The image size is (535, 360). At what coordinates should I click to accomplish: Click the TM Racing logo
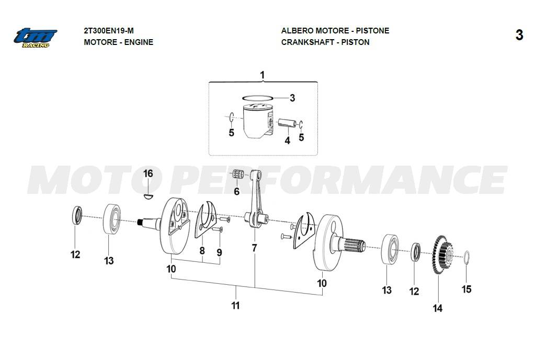click(x=36, y=38)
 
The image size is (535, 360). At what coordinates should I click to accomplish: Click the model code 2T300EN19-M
click(x=109, y=31)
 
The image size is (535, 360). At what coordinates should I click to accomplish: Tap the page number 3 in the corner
click(x=519, y=35)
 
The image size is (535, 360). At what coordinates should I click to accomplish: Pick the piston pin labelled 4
click(x=287, y=123)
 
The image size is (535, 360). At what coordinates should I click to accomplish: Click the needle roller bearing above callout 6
click(x=237, y=174)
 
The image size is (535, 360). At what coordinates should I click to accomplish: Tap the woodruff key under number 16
click(x=147, y=196)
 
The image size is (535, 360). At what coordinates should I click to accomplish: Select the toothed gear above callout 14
click(x=442, y=254)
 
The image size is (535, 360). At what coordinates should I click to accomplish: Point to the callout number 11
click(x=235, y=305)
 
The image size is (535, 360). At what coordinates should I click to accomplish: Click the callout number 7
click(x=254, y=248)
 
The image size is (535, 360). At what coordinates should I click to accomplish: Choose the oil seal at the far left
click(x=77, y=215)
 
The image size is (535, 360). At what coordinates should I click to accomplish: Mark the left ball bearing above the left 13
click(x=112, y=219)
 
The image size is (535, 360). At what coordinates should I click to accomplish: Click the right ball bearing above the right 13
click(x=390, y=249)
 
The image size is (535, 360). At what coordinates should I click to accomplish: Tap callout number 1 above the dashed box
click(x=262, y=75)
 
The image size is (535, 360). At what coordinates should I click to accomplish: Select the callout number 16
click(x=148, y=173)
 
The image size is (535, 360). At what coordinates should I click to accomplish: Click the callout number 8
click(x=202, y=251)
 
